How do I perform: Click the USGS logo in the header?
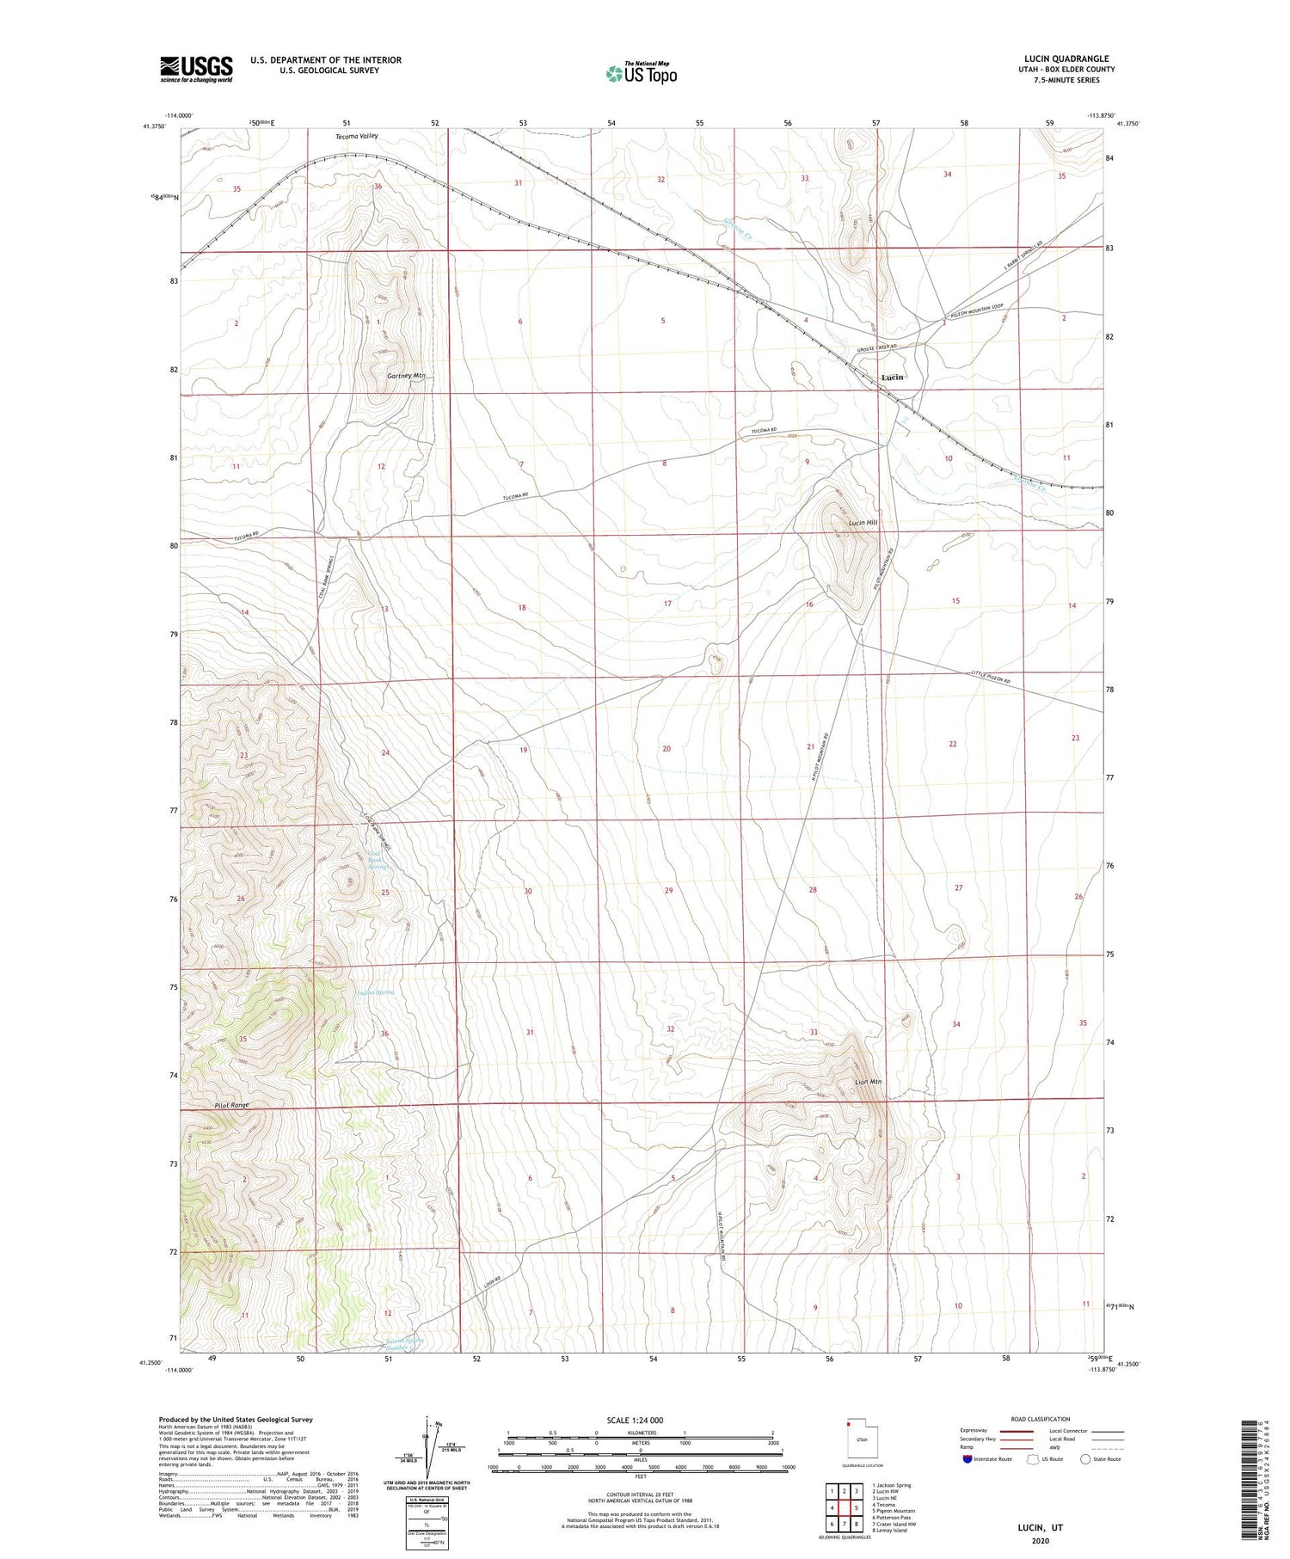click(196, 69)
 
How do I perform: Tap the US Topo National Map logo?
click(642, 73)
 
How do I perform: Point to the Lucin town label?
click(892, 377)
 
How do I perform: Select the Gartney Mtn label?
click(406, 376)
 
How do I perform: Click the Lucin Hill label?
click(863, 523)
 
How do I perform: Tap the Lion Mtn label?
click(868, 1082)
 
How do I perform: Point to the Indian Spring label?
click(375, 992)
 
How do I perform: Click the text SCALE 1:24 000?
click(635, 1420)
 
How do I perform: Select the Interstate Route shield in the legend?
click(967, 1459)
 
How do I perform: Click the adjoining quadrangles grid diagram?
click(845, 1507)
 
